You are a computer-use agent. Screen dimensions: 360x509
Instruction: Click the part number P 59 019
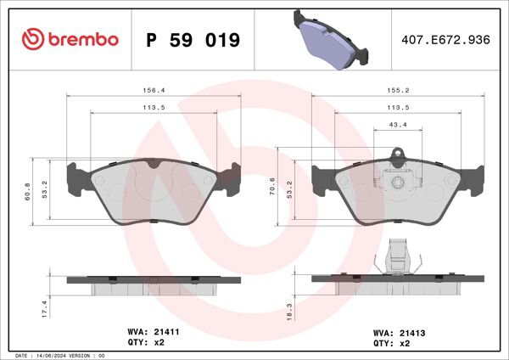pos(193,40)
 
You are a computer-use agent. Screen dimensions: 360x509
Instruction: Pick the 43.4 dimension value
pos(397,125)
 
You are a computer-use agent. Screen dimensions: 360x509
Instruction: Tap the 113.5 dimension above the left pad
pos(154,108)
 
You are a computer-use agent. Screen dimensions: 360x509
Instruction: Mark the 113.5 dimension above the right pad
pos(397,108)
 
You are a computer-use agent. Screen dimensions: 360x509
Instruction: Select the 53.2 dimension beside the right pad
pos(289,188)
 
